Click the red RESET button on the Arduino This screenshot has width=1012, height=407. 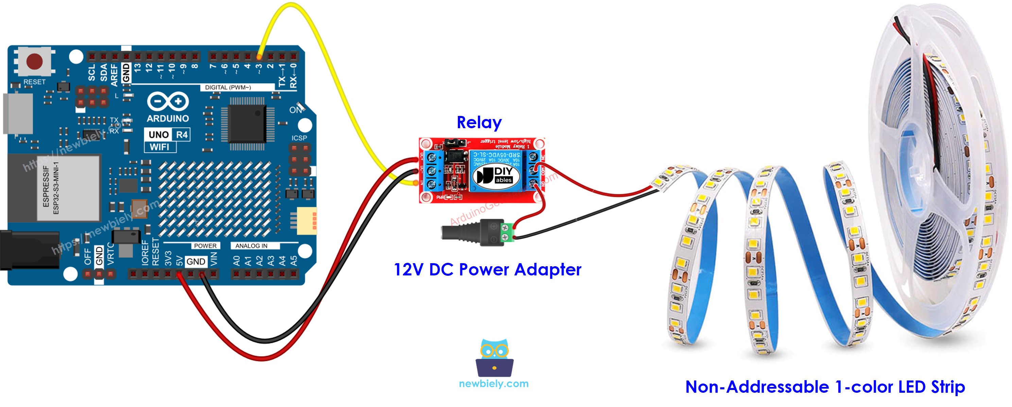coord(34,61)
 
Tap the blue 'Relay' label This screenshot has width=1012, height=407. coord(479,122)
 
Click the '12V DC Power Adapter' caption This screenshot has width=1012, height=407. coord(487,270)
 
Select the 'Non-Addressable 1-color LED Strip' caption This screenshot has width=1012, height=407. coord(825,387)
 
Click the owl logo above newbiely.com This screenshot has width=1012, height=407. coord(494,357)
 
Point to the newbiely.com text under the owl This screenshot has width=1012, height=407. coord(494,384)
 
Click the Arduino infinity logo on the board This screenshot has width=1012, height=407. coord(168,101)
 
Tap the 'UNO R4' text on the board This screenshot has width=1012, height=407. coord(168,135)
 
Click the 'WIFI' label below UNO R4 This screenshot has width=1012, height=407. coord(159,147)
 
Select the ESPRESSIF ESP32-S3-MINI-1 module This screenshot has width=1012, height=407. coord(68,188)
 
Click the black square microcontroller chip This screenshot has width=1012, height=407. coord(247,123)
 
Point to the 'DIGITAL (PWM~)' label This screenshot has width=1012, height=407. coord(228,87)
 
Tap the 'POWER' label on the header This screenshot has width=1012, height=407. coord(205,246)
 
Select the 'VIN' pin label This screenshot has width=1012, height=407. coord(214,259)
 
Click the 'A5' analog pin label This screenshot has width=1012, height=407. coord(293,260)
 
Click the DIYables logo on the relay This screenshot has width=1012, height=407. coord(494,175)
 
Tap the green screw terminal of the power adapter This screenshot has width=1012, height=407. coord(508,232)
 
